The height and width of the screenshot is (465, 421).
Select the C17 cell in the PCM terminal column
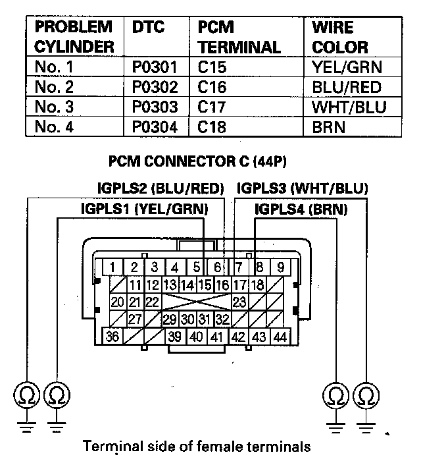[x=212, y=106]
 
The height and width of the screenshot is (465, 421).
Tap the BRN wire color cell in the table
[x=329, y=126]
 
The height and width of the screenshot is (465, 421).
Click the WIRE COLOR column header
[x=340, y=38]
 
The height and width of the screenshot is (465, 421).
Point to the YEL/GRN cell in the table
[x=347, y=67]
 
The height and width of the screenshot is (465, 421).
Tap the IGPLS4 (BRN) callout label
[x=301, y=209]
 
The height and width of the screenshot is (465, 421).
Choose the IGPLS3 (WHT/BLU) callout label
[x=302, y=188]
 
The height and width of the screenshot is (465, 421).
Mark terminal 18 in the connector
[x=257, y=285]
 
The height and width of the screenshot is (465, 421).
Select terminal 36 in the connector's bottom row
[x=113, y=336]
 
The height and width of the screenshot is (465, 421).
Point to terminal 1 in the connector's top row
[x=113, y=267]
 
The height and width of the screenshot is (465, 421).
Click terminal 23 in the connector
[x=239, y=302]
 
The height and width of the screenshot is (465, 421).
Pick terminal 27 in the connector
[x=136, y=319]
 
